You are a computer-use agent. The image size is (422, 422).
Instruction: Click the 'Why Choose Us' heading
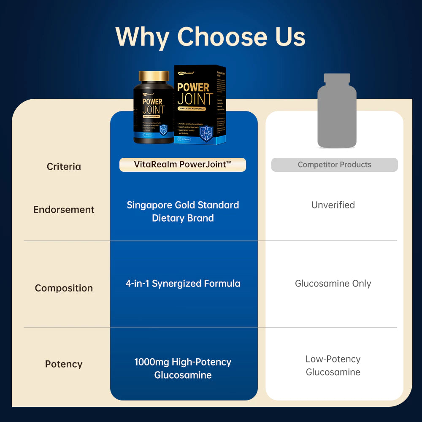[210, 37]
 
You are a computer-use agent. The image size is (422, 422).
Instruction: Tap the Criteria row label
[64, 166]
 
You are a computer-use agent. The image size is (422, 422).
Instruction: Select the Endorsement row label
[64, 209]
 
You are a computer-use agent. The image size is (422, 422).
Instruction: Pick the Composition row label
[64, 288]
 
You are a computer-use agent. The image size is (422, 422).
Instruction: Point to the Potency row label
[64, 364]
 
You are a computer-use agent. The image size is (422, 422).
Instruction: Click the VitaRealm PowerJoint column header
[183, 165]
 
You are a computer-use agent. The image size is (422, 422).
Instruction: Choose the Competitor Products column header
[334, 165]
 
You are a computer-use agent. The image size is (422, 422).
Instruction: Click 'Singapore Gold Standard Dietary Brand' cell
[183, 211]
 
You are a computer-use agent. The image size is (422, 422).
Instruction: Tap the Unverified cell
[333, 205]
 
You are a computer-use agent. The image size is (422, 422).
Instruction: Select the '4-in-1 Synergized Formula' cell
[183, 284]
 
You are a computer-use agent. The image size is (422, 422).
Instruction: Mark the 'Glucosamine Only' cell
[333, 284]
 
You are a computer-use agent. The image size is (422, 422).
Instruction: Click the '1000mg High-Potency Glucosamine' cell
[183, 368]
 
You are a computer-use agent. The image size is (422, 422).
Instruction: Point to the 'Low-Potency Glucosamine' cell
[333, 365]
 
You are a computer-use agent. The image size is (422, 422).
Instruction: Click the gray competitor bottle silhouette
[336, 112]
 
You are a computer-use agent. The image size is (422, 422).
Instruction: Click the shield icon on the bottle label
[163, 129]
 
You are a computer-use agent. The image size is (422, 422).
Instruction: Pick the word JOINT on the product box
[195, 100]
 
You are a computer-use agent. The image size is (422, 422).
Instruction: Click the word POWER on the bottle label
[152, 102]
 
